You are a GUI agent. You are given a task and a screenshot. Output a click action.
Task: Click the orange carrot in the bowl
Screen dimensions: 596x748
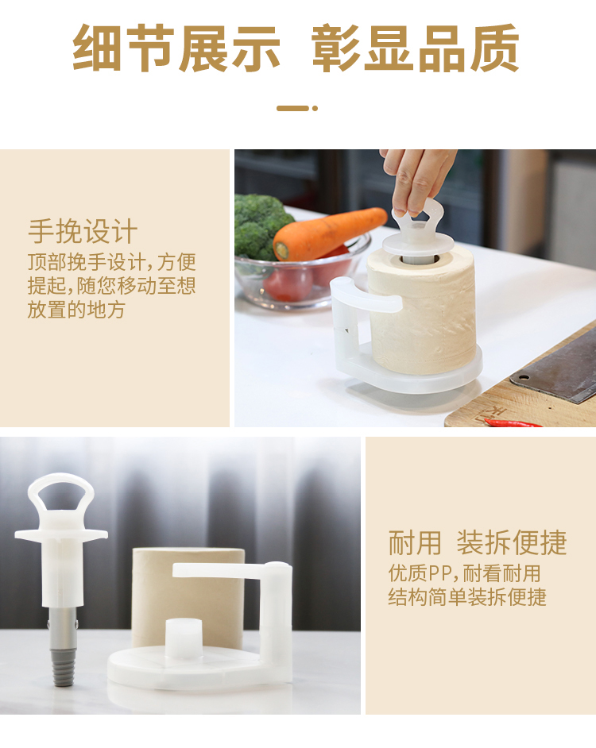pyautogui.click(x=330, y=233)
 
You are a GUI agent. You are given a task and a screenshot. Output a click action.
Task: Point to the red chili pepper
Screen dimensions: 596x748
pyautogui.click(x=513, y=422)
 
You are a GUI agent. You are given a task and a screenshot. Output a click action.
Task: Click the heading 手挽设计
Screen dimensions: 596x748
pyautogui.click(x=83, y=232)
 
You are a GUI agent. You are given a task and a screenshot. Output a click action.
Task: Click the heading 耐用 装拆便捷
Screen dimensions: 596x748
pyautogui.click(x=477, y=542)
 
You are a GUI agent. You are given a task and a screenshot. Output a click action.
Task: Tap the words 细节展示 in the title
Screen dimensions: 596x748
pyautogui.click(x=176, y=48)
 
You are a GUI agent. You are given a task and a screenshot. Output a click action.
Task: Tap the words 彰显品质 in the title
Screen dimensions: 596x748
pyautogui.click(x=415, y=48)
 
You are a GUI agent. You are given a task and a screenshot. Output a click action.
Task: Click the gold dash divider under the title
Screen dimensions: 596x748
pyautogui.click(x=297, y=108)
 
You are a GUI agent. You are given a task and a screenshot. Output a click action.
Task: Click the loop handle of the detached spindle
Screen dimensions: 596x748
pyautogui.click(x=60, y=493)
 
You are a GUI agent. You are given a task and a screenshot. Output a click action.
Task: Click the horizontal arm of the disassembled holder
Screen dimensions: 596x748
pyautogui.click(x=224, y=571)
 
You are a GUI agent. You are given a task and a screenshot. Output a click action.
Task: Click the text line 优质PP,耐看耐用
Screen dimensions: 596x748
pyautogui.click(x=464, y=573)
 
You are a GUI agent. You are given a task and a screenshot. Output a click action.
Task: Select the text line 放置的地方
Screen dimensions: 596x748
pyautogui.click(x=76, y=310)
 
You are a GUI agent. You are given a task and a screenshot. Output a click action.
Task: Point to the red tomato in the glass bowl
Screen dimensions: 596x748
pyautogui.click(x=288, y=283)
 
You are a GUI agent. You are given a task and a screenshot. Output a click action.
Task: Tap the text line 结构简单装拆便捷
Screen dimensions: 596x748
pyautogui.click(x=467, y=597)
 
